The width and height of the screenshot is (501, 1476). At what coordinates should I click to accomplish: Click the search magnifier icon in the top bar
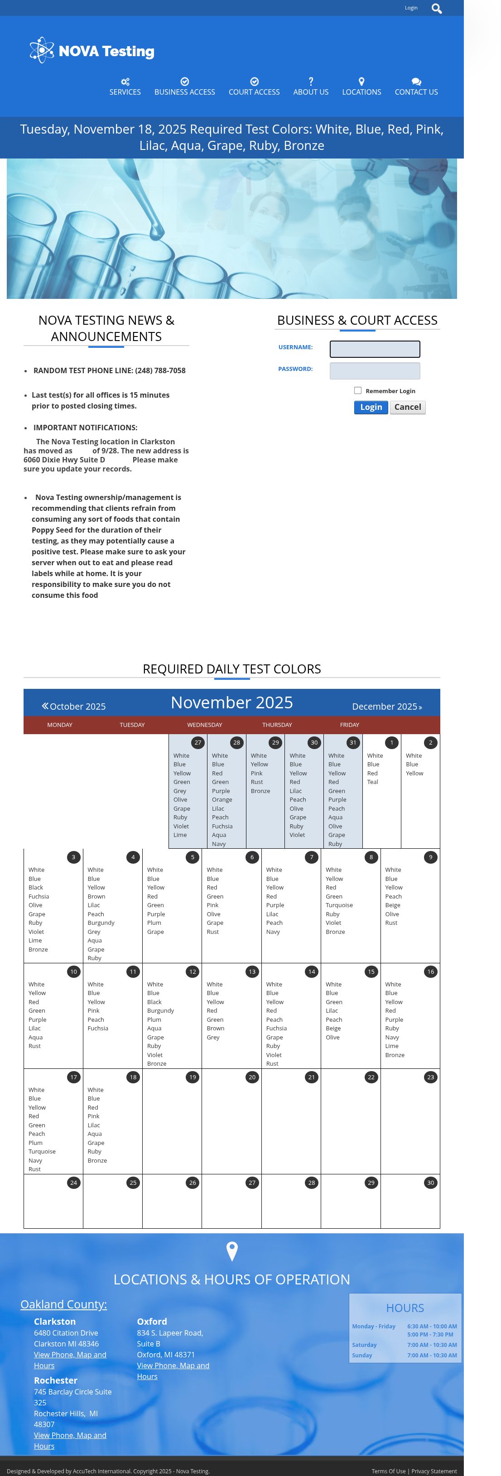tap(436, 9)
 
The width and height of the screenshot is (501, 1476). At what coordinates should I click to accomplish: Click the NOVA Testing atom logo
tap(42, 50)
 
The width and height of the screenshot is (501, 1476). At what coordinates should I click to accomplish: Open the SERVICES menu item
tap(125, 87)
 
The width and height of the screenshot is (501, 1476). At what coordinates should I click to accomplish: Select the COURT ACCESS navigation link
tap(254, 87)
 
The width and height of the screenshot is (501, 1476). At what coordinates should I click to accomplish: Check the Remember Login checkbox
tap(358, 390)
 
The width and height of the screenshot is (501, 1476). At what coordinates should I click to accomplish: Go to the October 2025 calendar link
tap(74, 706)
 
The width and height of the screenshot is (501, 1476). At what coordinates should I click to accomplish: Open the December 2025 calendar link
tap(386, 706)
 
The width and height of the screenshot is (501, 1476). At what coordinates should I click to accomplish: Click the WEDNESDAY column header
tap(205, 725)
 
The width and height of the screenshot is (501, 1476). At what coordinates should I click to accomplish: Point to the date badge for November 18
tap(133, 1077)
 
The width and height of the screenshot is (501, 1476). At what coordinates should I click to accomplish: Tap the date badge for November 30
tap(430, 1183)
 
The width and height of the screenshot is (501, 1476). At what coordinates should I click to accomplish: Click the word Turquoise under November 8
tap(339, 905)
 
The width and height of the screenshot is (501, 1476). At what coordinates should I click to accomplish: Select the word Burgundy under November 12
tap(160, 1011)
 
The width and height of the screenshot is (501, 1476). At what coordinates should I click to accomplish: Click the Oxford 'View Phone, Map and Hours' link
tap(173, 1370)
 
